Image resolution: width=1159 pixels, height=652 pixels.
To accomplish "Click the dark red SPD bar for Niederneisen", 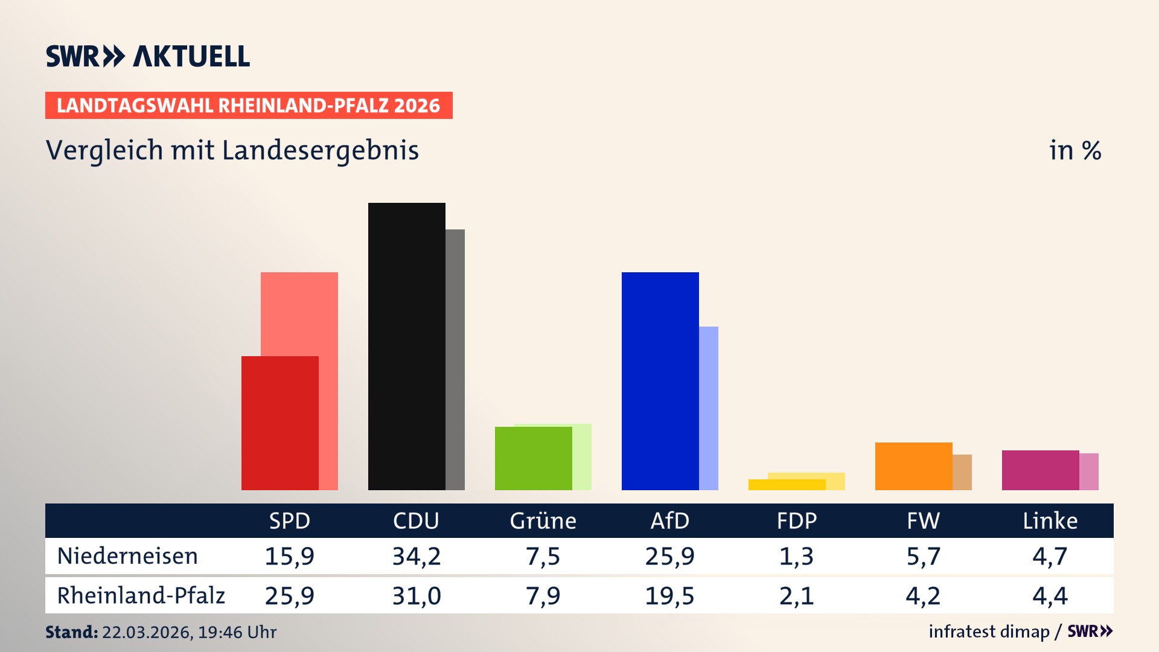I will point(279,423).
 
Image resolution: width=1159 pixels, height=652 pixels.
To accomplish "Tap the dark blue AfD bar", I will point(660,380).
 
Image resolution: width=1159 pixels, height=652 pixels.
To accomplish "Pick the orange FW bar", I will point(913,466).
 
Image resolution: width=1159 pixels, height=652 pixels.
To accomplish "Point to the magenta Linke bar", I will point(1040,470).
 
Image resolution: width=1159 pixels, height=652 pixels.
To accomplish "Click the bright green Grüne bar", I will point(533,458).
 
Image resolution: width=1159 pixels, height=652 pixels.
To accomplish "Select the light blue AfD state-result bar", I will point(709,407).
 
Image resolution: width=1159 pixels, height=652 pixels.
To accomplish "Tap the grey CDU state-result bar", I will point(455,359).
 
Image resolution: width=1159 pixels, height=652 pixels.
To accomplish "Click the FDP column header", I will point(796,520).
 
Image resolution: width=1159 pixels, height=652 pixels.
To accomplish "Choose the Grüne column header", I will point(543,520).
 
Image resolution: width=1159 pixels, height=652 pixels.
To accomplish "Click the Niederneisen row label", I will point(127,556).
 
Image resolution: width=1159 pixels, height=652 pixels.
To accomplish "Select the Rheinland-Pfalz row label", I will point(141,596).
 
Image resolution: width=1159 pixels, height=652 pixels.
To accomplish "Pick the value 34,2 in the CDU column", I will point(417,556).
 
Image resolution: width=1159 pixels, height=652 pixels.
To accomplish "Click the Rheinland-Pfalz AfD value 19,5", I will point(669,596).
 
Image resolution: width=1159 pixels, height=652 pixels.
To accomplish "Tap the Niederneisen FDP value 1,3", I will point(796,556).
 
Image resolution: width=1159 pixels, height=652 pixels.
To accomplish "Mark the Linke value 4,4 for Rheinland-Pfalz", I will point(1050,596).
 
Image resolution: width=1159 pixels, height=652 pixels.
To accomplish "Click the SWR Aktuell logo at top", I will point(148,56).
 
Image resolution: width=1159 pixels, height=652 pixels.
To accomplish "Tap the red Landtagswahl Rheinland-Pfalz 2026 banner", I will point(249,106).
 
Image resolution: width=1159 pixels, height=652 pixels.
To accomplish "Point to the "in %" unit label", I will point(1074,150).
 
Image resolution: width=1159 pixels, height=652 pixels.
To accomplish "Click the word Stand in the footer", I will point(71,632).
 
